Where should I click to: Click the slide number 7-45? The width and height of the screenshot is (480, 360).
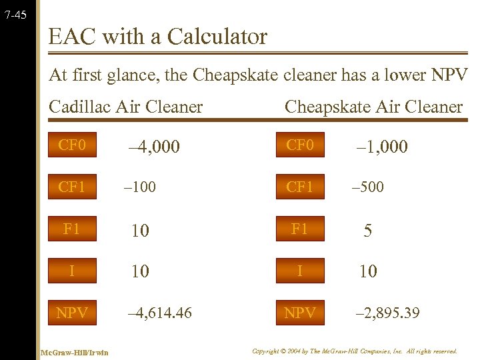click(x=15, y=13)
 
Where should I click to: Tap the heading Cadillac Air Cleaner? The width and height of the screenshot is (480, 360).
click(x=126, y=107)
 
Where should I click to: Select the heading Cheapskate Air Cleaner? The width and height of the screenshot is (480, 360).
click(x=373, y=107)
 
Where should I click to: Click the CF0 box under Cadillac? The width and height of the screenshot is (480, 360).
click(x=72, y=145)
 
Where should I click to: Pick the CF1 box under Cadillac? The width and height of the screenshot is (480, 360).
click(x=72, y=187)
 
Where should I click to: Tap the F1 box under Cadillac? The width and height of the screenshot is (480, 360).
click(x=72, y=229)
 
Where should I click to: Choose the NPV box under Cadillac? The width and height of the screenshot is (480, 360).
click(x=72, y=312)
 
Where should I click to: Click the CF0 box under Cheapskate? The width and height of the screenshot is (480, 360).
click(x=300, y=145)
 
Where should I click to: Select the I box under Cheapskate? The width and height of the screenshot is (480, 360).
click(x=300, y=271)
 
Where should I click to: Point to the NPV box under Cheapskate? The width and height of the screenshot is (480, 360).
click(x=300, y=312)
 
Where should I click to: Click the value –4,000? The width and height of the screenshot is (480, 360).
click(x=154, y=147)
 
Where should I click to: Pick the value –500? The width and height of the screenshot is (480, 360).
click(x=368, y=187)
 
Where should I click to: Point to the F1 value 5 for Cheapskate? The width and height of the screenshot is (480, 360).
click(x=367, y=231)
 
